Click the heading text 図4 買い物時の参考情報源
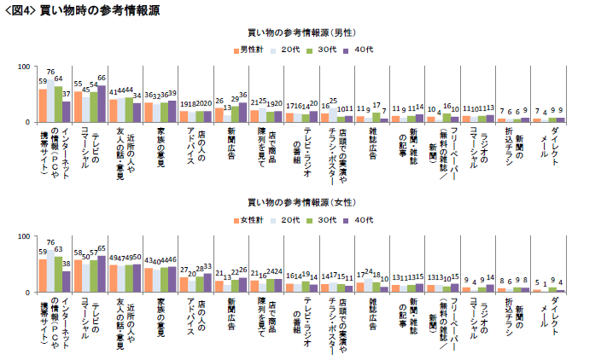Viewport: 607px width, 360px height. (82, 10)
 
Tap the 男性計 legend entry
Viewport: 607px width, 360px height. (249, 49)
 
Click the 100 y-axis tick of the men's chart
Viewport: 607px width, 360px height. (23, 67)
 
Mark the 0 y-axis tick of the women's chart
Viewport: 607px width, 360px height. (27, 293)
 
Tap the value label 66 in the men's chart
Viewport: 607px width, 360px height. (102, 78)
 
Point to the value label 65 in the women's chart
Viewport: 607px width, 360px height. (102, 248)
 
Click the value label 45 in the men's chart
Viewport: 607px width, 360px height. (86, 89)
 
